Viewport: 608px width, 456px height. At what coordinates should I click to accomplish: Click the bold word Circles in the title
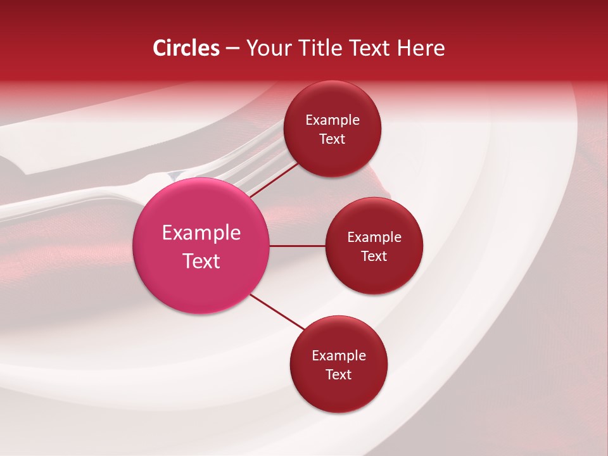pos(186,48)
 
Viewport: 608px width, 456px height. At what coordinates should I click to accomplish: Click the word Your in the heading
pos(267,48)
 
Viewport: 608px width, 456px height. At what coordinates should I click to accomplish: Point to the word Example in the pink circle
pos(201,233)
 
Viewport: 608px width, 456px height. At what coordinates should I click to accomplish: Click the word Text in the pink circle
pos(201,261)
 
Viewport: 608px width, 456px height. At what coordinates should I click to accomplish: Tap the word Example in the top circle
pos(332,120)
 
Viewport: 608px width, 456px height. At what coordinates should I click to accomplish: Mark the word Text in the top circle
pos(332,139)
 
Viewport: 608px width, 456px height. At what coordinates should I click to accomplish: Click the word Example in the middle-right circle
pos(374,237)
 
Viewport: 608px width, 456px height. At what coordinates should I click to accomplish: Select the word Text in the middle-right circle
pos(374,256)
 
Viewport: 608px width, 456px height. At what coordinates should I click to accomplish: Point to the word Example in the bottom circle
pos(339,356)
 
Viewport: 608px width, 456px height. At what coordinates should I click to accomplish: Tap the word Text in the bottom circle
pos(339,375)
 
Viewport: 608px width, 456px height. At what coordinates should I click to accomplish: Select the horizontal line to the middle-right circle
pos(298,246)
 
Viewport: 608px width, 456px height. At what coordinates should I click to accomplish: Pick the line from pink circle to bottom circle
pos(277,312)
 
